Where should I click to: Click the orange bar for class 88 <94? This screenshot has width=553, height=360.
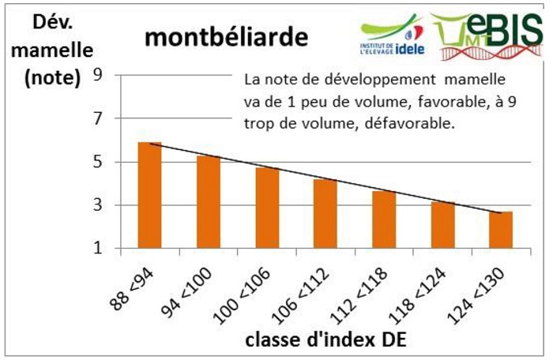(x=150, y=196)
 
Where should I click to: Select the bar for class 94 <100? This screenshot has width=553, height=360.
(x=209, y=203)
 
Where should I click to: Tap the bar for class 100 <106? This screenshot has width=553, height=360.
(x=267, y=208)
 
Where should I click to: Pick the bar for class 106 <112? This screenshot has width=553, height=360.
(x=325, y=214)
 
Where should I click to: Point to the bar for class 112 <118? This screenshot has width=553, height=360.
(x=384, y=220)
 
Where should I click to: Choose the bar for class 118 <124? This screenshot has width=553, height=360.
(x=442, y=226)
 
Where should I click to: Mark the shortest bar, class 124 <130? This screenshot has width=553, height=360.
(x=501, y=231)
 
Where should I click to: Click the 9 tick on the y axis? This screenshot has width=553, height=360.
(x=99, y=75)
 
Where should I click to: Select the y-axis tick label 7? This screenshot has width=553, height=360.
(x=99, y=118)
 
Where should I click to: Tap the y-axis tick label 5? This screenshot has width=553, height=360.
(x=99, y=162)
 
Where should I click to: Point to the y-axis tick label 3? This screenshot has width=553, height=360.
(x=99, y=205)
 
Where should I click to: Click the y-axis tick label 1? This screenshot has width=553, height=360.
(x=99, y=249)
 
